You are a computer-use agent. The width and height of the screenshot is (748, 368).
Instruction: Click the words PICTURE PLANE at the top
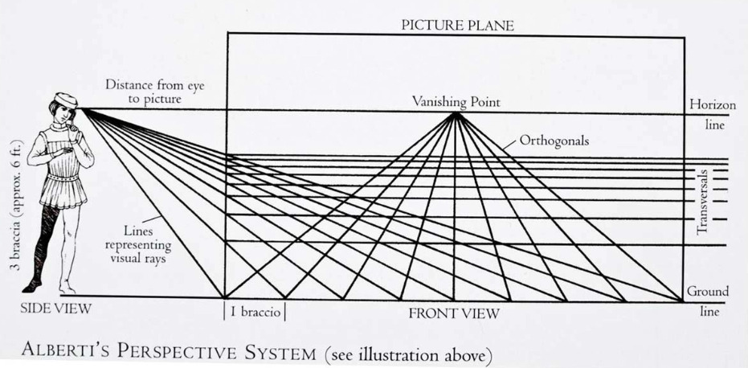(456, 25)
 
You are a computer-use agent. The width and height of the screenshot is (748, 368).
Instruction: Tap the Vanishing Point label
(456, 102)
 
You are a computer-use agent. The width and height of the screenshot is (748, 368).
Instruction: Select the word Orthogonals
(554, 140)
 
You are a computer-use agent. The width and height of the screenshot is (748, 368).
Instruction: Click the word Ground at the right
(707, 291)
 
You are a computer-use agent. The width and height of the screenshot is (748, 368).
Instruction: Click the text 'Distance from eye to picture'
(143, 91)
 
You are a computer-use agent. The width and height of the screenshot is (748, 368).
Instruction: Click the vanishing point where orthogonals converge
(456, 114)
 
